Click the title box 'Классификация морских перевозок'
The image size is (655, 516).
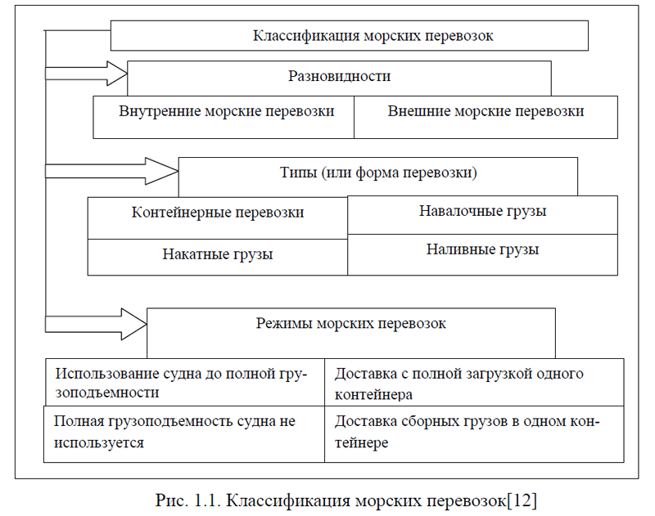(x=350, y=35)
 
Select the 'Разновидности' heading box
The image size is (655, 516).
(x=339, y=79)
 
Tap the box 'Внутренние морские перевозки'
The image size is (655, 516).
(x=224, y=117)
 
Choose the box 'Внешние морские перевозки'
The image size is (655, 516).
(x=486, y=117)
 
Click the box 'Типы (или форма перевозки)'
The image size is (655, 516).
(x=378, y=177)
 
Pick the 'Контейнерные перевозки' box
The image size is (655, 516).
(x=218, y=218)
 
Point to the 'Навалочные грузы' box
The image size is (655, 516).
(x=482, y=215)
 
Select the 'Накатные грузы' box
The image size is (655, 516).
(x=218, y=257)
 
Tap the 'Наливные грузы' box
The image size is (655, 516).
(x=482, y=254)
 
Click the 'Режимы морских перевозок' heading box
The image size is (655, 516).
(x=351, y=333)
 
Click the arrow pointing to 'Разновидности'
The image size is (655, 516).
(x=86, y=74)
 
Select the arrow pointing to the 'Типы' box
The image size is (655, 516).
(x=111, y=171)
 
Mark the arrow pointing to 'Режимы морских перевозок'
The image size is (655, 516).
(x=96, y=324)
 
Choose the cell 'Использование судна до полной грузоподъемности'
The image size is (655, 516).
(x=184, y=382)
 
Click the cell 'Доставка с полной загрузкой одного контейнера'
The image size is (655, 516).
(x=474, y=382)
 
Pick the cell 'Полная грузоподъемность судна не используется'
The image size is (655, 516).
(x=184, y=434)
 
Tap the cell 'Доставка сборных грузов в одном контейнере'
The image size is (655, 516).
(x=474, y=434)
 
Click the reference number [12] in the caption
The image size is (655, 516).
(x=522, y=500)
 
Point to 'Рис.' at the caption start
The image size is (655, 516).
(x=170, y=500)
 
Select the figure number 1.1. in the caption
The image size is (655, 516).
(x=206, y=500)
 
